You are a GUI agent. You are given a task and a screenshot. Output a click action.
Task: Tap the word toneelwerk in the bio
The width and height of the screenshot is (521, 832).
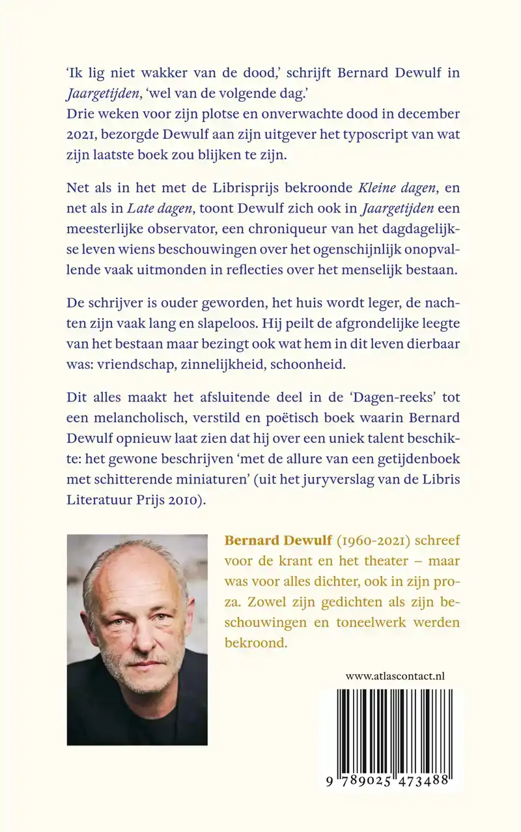coord(378,622)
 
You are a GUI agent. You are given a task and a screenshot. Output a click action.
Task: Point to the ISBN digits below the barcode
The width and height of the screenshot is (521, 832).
coord(390,782)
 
